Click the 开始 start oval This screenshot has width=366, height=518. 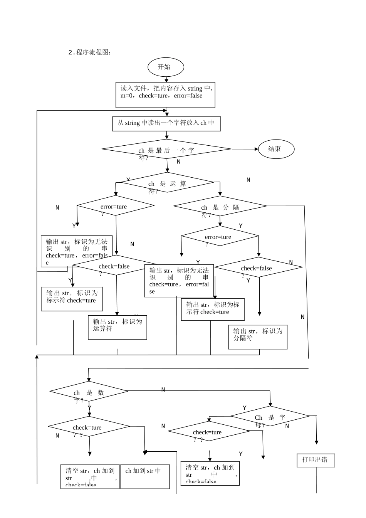[x=166, y=67]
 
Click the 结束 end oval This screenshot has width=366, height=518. [x=276, y=149]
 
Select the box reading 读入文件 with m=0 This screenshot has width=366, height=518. [x=165, y=95]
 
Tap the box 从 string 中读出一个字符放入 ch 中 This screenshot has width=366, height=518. [x=166, y=124]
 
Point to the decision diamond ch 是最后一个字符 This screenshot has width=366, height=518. [x=166, y=149]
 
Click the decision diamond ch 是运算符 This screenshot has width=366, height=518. [x=167, y=183]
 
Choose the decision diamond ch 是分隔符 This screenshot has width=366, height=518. [x=220, y=206]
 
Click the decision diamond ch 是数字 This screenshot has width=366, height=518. [x=89, y=392]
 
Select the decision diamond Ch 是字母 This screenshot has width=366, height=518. [x=270, y=416]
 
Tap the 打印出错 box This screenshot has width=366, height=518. [x=316, y=460]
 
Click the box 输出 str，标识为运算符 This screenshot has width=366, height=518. [x=118, y=327]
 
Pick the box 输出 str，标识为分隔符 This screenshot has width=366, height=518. [x=258, y=337]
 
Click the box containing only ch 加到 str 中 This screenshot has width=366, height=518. [x=145, y=477]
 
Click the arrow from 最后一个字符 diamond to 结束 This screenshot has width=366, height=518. [x=245, y=149]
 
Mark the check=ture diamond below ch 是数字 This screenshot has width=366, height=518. [x=89, y=427]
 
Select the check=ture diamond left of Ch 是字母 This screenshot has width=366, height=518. [x=208, y=432]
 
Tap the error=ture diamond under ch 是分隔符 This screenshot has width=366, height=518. [x=220, y=236]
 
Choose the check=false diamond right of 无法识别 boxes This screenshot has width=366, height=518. [x=259, y=267]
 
